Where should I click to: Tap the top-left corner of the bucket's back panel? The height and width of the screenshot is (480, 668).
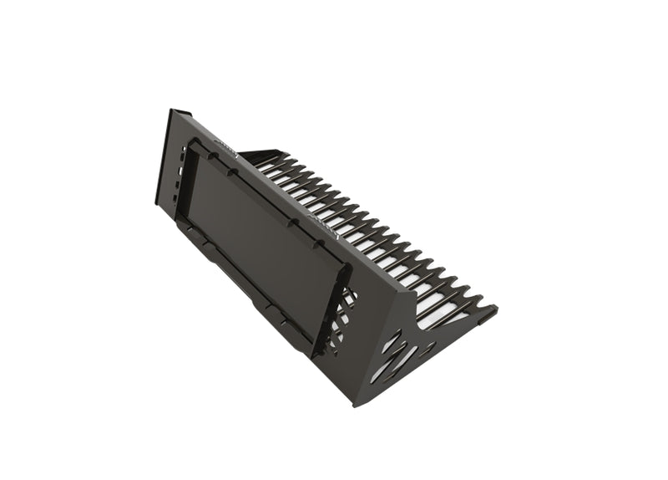tap(172, 110)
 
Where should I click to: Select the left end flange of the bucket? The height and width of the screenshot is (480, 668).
tap(163, 159)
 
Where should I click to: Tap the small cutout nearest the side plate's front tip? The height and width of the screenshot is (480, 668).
tap(451, 322)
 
